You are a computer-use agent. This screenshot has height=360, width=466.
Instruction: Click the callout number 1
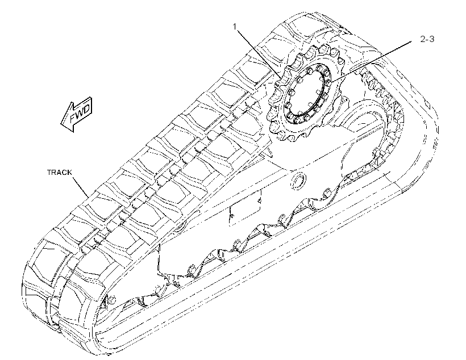[x=235, y=27]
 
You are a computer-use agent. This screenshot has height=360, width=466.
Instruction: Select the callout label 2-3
[x=427, y=39]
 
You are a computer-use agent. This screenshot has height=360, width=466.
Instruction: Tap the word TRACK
[x=60, y=172]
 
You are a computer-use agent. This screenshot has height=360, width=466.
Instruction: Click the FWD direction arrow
[x=77, y=114]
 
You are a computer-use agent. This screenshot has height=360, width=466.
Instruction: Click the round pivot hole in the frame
[x=298, y=181]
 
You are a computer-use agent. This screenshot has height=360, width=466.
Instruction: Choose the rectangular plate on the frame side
[x=245, y=207]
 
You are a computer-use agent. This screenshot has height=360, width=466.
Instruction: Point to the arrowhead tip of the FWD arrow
[x=61, y=123]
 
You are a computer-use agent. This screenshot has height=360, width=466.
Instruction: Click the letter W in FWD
[x=79, y=113]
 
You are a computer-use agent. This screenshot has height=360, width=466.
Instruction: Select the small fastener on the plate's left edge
[x=232, y=215]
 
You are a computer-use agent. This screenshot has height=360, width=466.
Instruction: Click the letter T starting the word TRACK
[x=49, y=172]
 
